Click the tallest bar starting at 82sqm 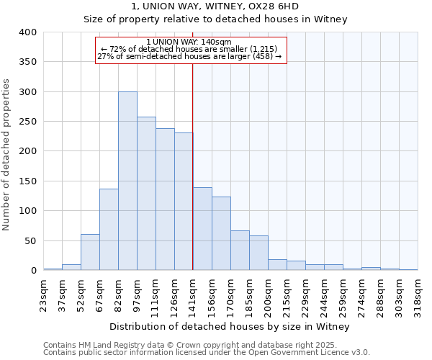[x=127, y=181]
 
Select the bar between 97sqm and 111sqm [x=146, y=194]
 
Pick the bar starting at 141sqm [x=202, y=229]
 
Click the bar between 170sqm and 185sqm [x=240, y=251]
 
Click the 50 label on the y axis [x=31, y=241]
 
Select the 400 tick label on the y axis [x=28, y=32]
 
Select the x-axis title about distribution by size [x=230, y=327]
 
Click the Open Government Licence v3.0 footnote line [x=206, y=353]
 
